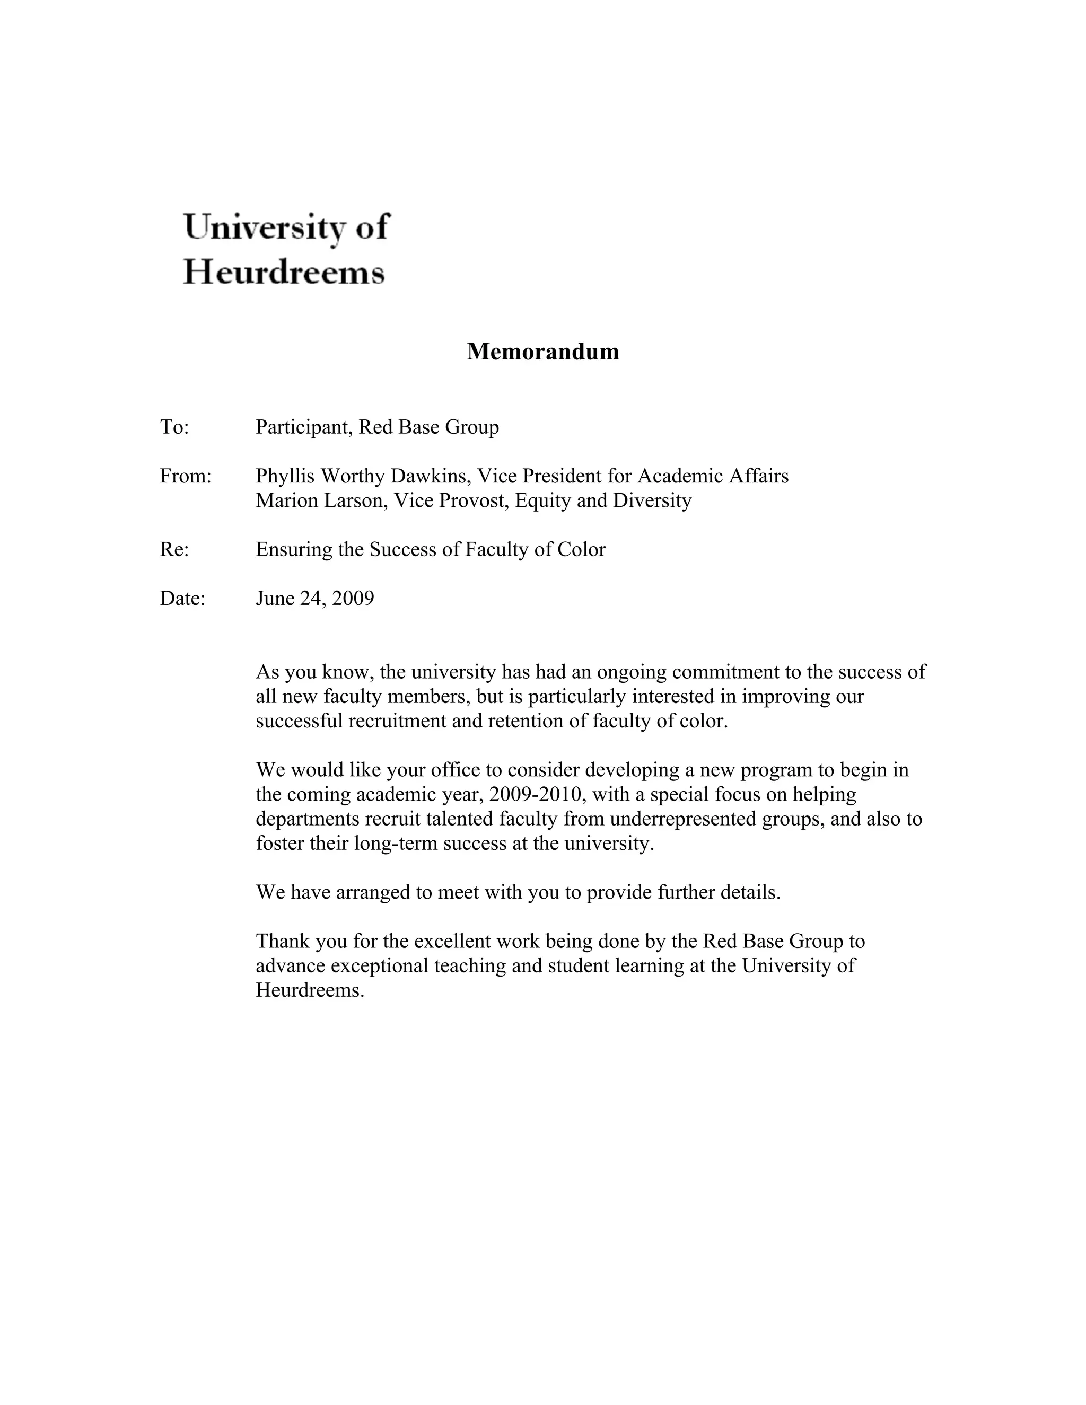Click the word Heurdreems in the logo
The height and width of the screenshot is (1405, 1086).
point(284,272)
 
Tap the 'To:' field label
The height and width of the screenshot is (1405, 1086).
point(174,427)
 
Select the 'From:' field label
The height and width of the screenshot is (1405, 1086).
point(185,476)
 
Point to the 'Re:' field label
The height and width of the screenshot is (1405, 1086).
point(174,549)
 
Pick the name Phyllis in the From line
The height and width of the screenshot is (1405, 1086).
point(285,476)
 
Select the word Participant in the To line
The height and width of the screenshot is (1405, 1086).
point(304,427)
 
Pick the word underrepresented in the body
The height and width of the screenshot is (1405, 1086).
point(682,819)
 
